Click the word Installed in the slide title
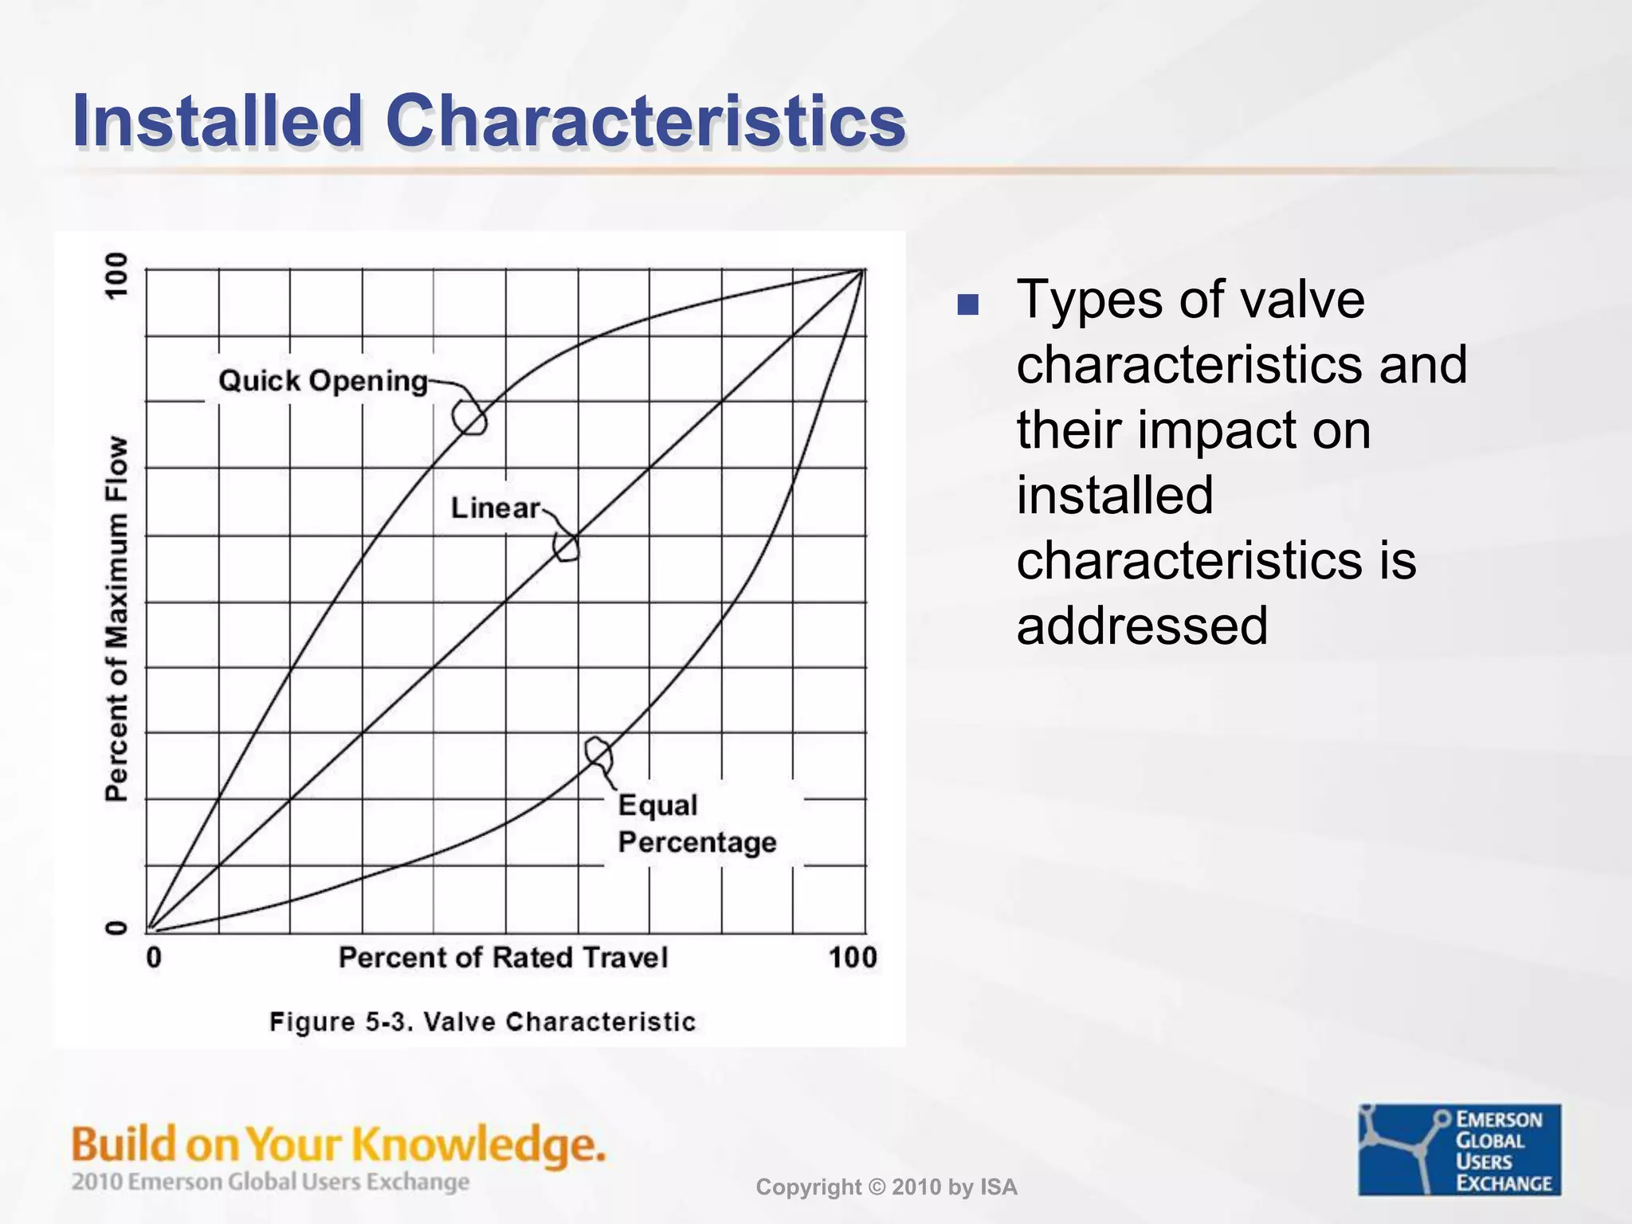tap(217, 121)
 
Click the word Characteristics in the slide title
tap(645, 121)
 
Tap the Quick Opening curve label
tap(323, 381)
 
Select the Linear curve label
tap(495, 508)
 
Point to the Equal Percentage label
tap(696, 823)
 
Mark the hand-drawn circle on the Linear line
tap(567, 547)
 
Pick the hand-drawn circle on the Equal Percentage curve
tap(598, 751)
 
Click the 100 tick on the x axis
tap(852, 957)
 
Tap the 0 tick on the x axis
tap(154, 957)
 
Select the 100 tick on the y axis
tap(117, 276)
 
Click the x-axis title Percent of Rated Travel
tap(503, 957)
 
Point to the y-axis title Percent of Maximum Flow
tap(117, 618)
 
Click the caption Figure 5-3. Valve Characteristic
tap(482, 1022)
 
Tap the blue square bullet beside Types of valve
tap(967, 304)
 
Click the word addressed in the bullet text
tap(1141, 626)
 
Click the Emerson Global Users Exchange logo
tap(1459, 1149)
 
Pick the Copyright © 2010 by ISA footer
tap(886, 1187)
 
